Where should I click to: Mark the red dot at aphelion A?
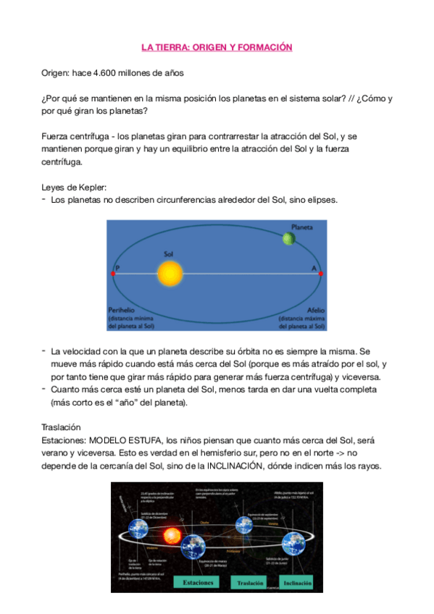point(320,273)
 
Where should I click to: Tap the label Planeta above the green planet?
point(302,227)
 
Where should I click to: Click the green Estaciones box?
point(198,583)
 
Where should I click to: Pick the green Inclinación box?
point(298,583)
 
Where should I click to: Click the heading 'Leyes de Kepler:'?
point(75,186)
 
